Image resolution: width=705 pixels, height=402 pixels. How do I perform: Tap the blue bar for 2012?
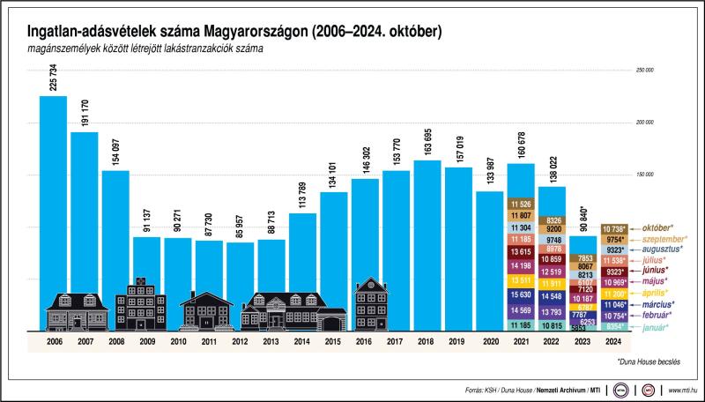241,273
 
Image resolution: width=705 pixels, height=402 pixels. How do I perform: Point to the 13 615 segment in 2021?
521,252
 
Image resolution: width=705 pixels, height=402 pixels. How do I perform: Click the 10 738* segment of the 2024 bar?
613,228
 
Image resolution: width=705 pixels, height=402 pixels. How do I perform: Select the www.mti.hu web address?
683,388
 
